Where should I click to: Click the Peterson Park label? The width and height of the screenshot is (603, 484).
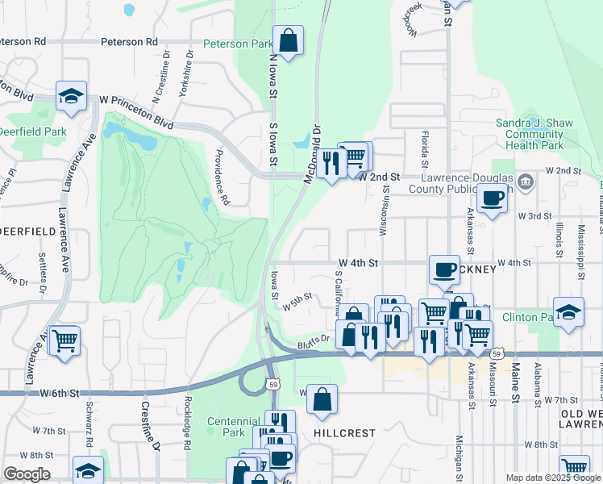click(238, 44)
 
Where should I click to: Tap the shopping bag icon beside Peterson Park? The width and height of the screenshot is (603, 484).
click(288, 40)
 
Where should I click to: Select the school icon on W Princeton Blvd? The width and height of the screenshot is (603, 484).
click(71, 97)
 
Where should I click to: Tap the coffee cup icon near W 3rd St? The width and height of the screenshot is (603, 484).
click(492, 198)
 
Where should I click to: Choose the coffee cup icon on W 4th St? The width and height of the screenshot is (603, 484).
click(443, 269)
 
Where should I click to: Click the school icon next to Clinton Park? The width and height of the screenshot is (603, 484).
click(568, 312)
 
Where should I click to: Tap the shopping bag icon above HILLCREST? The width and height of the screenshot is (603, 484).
click(322, 398)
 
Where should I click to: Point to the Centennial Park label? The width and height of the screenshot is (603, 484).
click(232, 427)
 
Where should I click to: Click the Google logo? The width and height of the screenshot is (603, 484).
click(27, 474)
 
